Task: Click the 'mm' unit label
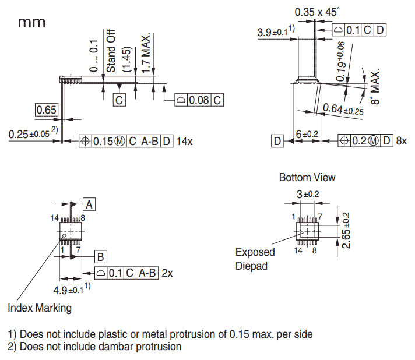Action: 31,23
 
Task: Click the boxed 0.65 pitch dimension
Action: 46,110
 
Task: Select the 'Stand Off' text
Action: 110,51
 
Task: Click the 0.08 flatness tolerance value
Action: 199,100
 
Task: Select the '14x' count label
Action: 185,141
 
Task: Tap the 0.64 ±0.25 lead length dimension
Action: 342,109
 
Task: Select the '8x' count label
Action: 401,141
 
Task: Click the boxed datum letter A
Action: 89,204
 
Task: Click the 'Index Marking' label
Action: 40,308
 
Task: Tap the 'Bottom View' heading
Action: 307,177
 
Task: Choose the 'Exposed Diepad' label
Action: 255,259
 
